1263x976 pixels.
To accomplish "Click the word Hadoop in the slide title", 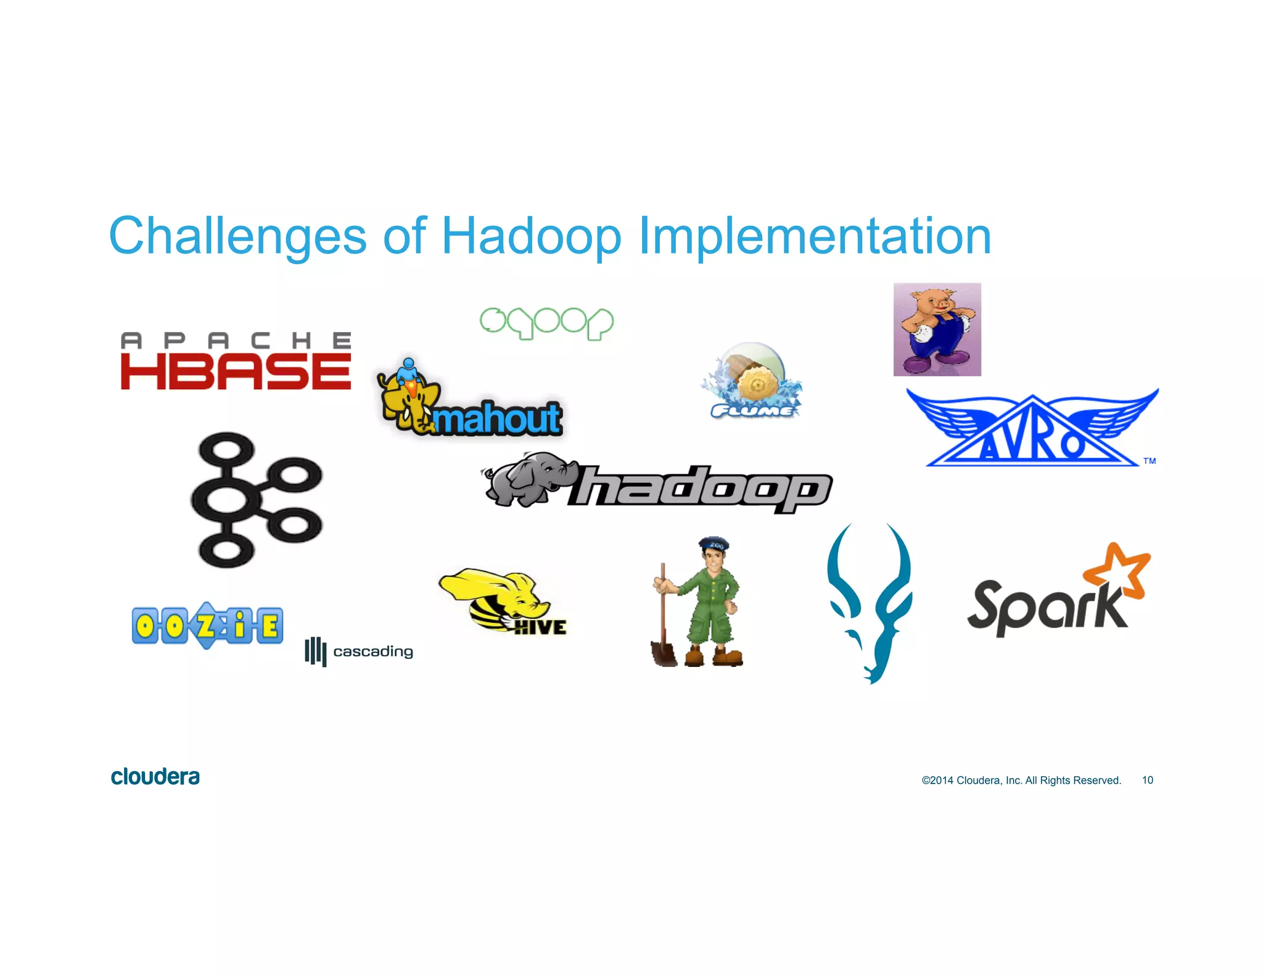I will [532, 237].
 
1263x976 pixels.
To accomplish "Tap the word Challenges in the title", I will [237, 237].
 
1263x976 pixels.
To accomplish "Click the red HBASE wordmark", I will [236, 371].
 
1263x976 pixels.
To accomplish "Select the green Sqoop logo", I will [546, 323].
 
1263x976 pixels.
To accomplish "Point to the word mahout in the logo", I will [497, 418].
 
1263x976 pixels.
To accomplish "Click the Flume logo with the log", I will [752, 381].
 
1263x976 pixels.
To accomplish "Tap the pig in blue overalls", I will [936, 329].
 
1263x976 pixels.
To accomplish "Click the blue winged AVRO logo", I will [1032, 429].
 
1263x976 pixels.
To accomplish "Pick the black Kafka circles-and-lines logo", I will [255, 500].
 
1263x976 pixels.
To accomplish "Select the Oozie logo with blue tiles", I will [207, 625].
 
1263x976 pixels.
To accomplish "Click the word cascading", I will [372, 651].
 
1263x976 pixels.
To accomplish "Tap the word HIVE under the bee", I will [540, 627].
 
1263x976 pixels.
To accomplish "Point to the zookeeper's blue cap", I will [714, 544].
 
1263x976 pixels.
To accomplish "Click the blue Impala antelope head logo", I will [870, 602].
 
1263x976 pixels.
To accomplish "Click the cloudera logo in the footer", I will [155, 777].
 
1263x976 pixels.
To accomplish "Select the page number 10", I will [1147, 780].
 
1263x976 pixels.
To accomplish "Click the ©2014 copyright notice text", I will [1021, 780].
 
